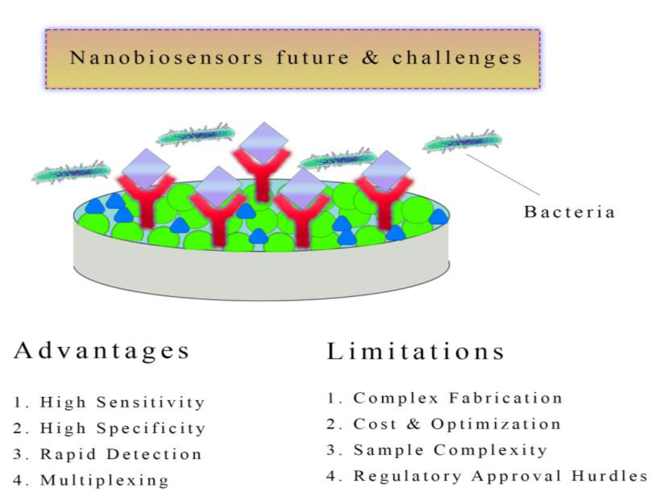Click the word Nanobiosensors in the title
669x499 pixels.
tap(166, 57)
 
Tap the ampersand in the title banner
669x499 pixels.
tap(370, 57)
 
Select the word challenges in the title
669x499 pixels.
tap(457, 58)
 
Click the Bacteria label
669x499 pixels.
tap(569, 211)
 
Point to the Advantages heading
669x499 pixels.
tap(101, 351)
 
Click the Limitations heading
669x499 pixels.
tap(415, 351)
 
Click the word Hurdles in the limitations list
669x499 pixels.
tap(609, 476)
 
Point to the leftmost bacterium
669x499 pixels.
tap(71, 172)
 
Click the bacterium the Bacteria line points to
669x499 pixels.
tap(462, 141)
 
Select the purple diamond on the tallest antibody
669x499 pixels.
tap(264, 143)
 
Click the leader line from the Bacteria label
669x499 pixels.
tap(503, 174)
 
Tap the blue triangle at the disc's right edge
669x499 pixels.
tap(438, 217)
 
